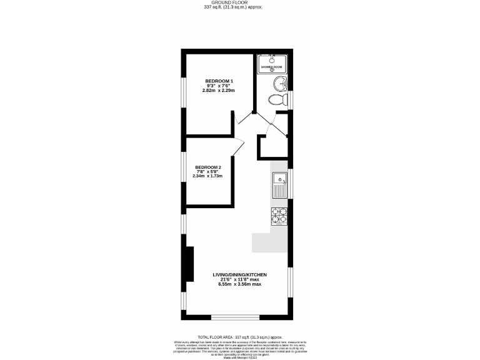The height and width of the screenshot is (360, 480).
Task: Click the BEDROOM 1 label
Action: (219, 81)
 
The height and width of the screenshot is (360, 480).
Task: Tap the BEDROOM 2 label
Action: (207, 167)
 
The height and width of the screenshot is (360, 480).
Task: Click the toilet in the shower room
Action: (274, 99)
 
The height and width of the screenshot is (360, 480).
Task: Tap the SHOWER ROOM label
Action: (271, 66)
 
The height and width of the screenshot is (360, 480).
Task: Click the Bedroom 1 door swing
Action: (244, 118)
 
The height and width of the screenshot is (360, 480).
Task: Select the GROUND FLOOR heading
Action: (240, 3)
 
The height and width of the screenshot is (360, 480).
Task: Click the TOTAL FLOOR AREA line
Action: (240, 336)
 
